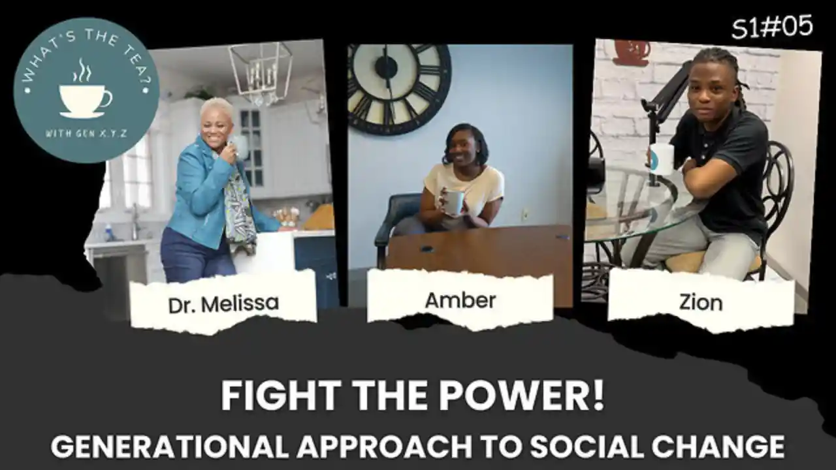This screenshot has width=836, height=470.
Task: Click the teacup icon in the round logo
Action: point(85,98)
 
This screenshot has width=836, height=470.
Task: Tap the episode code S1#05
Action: point(772,27)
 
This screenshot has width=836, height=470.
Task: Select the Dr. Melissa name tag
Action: point(223,303)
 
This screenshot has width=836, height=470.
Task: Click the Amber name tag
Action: point(460,300)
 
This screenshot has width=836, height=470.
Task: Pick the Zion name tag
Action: point(701,302)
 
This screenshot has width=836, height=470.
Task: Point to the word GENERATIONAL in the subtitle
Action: point(169,446)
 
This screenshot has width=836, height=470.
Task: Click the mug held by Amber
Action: point(453,202)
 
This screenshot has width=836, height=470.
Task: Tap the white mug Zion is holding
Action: point(661,159)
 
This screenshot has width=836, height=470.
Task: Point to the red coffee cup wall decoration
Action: point(631,52)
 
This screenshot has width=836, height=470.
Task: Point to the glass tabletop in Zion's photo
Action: point(627,209)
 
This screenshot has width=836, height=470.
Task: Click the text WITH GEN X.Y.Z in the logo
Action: point(85,133)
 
